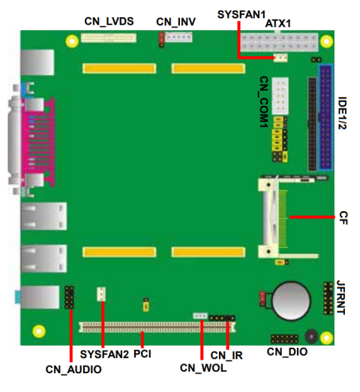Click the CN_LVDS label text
[x=109, y=22]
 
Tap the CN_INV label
[x=175, y=22]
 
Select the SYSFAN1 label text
[x=241, y=14]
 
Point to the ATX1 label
[x=278, y=23]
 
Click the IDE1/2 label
[x=342, y=113]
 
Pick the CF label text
[x=343, y=218]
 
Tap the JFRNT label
[x=341, y=297]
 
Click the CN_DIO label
[x=287, y=352]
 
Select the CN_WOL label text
[x=203, y=368]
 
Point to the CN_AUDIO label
[x=73, y=369]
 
